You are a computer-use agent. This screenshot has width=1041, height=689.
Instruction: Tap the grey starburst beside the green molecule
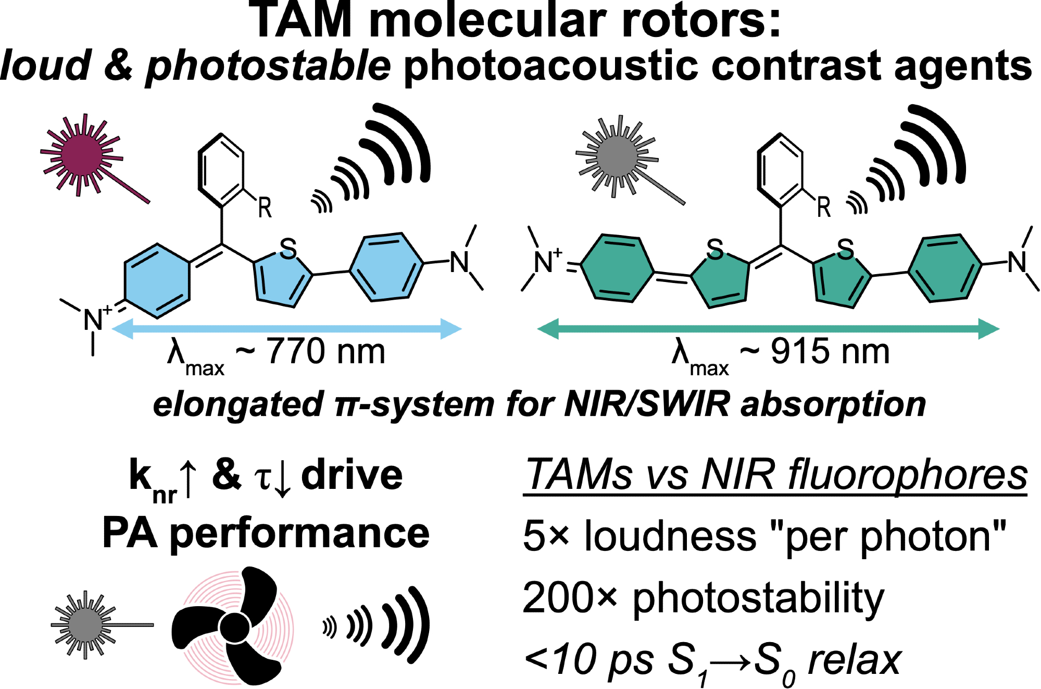click(617, 156)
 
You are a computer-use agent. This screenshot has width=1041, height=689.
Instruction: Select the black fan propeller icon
click(234, 625)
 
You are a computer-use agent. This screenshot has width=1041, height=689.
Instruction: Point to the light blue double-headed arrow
click(286, 329)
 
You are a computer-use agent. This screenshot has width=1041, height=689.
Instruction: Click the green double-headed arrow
click(768, 329)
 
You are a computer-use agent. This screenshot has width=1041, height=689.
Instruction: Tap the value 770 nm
click(326, 352)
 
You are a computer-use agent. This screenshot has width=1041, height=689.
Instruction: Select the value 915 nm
click(830, 352)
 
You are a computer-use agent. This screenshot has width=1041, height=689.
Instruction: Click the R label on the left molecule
click(265, 208)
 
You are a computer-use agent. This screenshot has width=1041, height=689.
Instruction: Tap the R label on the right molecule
click(823, 207)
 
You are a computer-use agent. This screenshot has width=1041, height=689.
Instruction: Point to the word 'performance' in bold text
click(299, 534)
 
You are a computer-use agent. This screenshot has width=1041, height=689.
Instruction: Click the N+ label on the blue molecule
click(96, 318)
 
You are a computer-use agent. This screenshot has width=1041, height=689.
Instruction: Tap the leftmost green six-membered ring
click(617, 268)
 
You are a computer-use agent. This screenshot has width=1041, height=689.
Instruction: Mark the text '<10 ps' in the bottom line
click(588, 660)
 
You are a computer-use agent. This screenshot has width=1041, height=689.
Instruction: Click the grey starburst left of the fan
click(85, 624)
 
